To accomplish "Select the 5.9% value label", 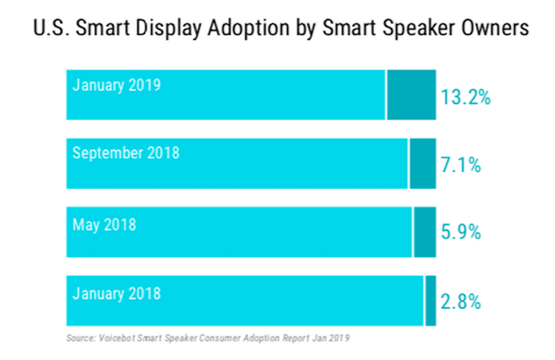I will (x=461, y=232).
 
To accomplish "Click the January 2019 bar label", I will (x=117, y=85).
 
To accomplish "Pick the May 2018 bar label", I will (x=104, y=222).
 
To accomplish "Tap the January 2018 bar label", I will (x=117, y=293).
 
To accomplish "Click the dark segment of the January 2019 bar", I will (x=411, y=93).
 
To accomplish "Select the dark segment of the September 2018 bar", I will (x=422, y=163).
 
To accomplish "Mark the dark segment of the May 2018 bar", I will (x=424, y=231).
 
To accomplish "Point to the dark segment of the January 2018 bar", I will (x=430, y=300).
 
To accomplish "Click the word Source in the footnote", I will (x=81, y=338).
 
